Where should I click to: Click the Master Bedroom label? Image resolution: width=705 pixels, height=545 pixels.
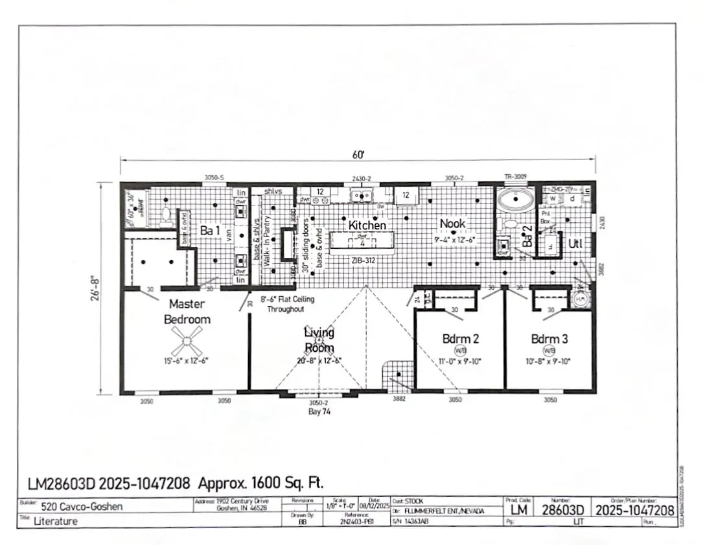[x=187, y=311]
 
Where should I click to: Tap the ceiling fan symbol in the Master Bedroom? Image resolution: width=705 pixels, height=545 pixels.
[x=187, y=336]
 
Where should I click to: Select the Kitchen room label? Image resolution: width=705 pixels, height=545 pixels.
[x=367, y=225]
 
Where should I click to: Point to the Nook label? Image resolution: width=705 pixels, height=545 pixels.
[x=452, y=224]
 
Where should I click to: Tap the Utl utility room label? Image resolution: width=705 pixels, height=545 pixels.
[x=575, y=244]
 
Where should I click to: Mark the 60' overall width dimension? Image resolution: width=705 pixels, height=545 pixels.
[x=358, y=154]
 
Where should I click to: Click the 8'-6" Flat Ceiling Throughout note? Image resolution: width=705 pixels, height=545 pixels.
[x=287, y=304]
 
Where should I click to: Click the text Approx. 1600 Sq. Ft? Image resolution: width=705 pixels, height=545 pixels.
[x=260, y=483]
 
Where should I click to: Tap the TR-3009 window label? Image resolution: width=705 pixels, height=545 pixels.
[x=515, y=176]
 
